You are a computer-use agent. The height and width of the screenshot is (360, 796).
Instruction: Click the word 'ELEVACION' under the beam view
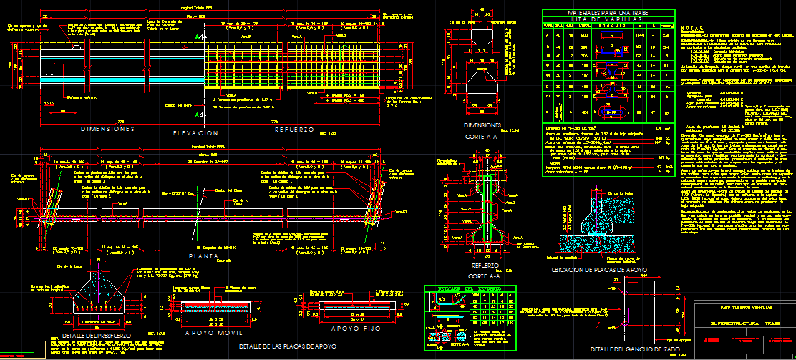(195, 133)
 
